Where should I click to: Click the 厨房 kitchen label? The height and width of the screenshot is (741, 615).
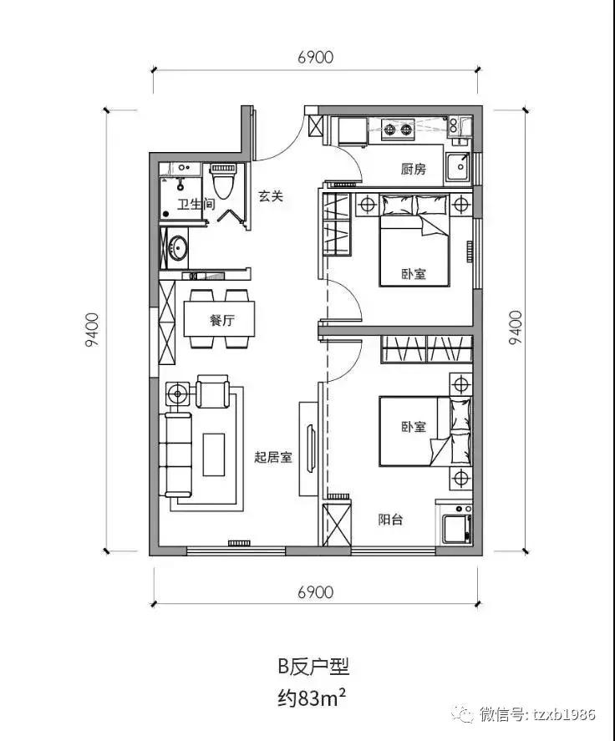point(414,170)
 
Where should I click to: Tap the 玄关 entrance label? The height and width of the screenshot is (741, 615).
point(271,196)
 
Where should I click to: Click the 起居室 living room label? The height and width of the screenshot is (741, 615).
point(272,458)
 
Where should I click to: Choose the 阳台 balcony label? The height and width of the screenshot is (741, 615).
point(390,520)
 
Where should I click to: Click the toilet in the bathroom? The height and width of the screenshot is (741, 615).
point(222,180)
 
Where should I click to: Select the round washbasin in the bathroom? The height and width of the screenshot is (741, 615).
point(177,247)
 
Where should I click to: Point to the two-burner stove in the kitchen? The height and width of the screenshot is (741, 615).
point(398,129)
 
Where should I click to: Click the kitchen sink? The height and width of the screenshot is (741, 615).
point(459,168)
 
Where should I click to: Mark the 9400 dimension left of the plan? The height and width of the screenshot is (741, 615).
point(93,331)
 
